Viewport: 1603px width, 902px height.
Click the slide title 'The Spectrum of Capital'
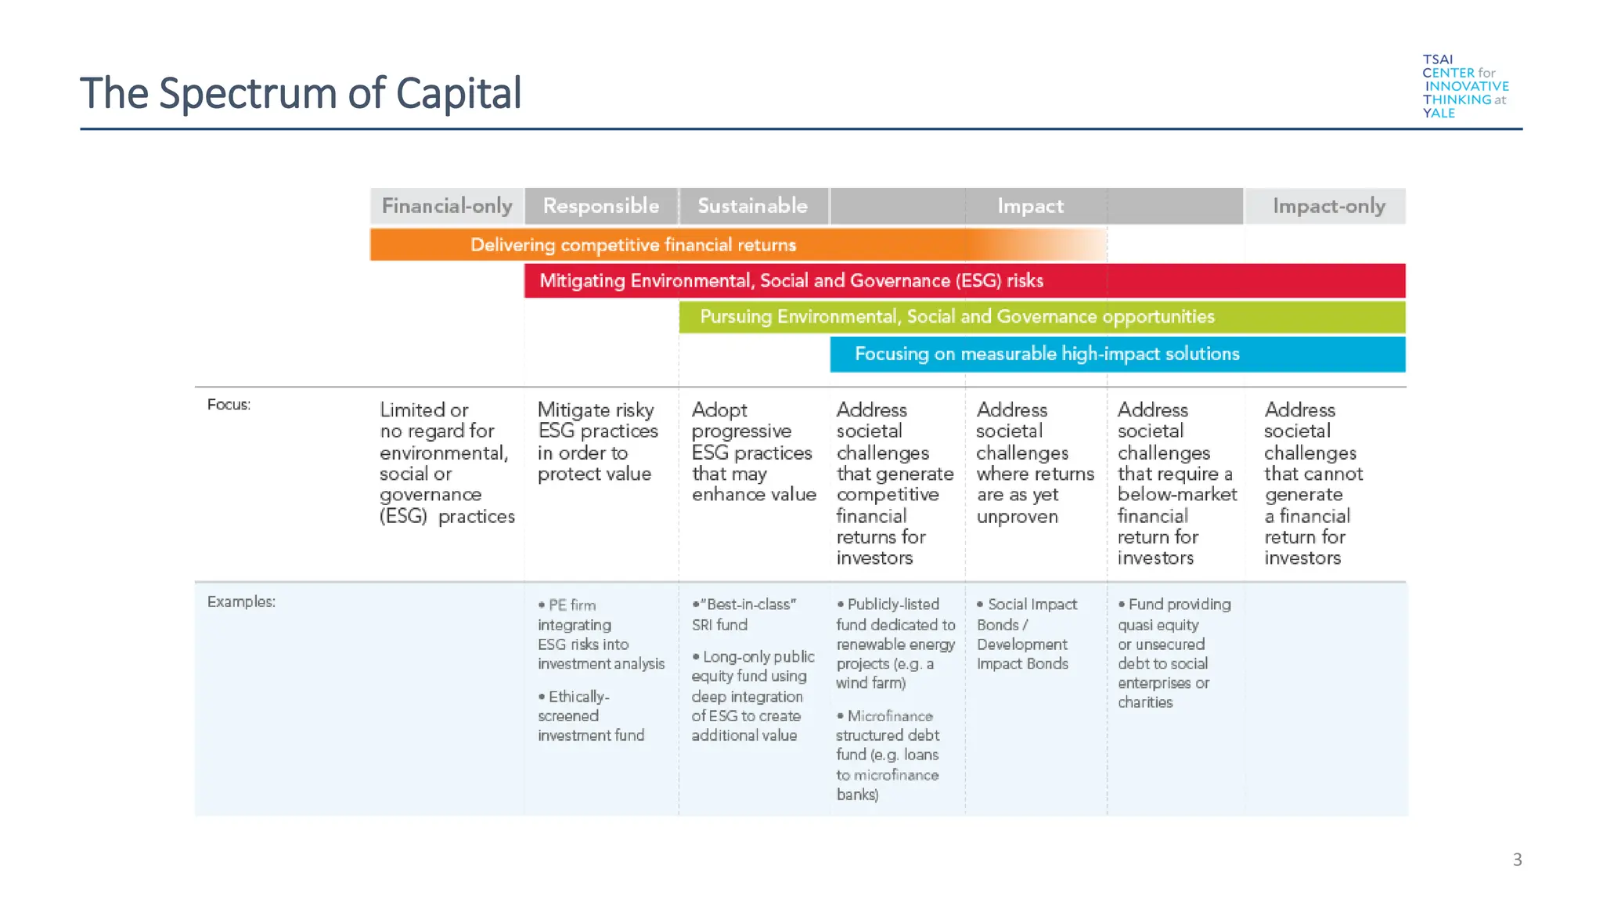301,93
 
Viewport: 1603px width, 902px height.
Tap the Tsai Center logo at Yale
1464,86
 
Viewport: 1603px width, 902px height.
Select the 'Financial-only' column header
447,206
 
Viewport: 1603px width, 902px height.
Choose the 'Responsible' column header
601,206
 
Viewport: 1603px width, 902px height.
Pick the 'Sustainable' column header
753,206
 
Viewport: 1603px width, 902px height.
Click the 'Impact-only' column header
1328,206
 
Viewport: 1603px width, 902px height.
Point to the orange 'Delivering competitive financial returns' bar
632,245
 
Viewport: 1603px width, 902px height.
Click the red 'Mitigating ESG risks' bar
791,281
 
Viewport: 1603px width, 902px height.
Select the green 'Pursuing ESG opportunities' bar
956,317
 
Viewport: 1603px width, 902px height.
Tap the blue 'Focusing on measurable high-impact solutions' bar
1046,354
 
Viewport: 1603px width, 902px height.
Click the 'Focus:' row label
229,405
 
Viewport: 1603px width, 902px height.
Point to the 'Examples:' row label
241,602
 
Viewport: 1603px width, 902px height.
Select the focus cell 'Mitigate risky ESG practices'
597,442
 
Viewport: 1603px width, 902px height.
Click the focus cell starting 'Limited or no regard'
447,463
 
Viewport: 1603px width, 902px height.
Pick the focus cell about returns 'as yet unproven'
1035,463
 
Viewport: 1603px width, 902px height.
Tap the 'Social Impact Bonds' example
1027,634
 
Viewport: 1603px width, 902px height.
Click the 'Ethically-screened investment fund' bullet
591,716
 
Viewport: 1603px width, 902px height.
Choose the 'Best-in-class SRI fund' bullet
744,615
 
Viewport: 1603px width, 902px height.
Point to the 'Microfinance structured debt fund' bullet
888,755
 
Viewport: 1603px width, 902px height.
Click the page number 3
1517,860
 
